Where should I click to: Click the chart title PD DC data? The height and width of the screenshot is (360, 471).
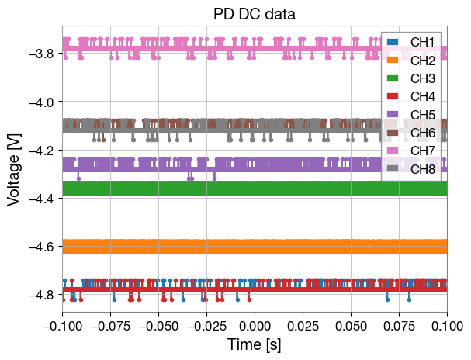pyautogui.click(x=255, y=13)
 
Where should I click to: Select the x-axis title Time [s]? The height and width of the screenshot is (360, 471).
pyautogui.click(x=255, y=344)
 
